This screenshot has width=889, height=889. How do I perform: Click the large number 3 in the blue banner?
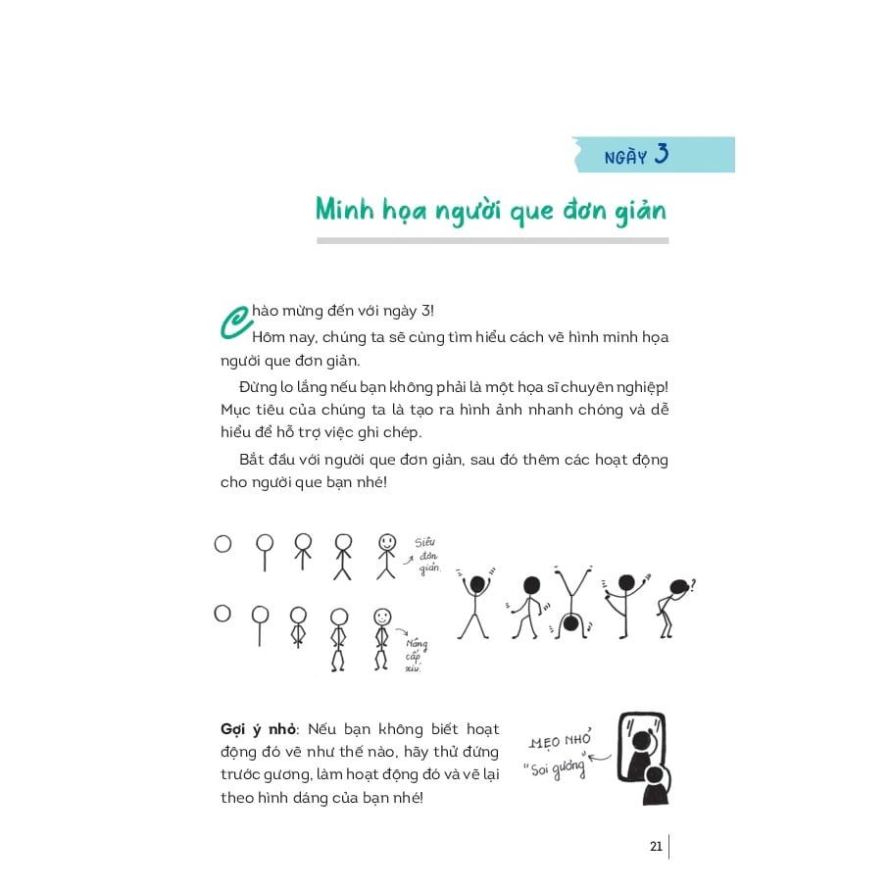pyautogui.click(x=661, y=154)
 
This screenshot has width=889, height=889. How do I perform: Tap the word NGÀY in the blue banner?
pyautogui.click(x=624, y=157)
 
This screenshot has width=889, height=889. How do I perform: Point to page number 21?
pyautogui.click(x=656, y=846)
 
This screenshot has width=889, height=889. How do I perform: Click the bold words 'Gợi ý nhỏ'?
pyautogui.click(x=262, y=729)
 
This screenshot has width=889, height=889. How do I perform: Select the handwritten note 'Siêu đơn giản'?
pyautogui.click(x=427, y=556)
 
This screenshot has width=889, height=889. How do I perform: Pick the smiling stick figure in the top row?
pyautogui.click(x=386, y=557)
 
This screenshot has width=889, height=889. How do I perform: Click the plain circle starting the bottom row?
pyautogui.click(x=222, y=614)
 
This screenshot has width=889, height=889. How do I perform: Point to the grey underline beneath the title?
pyautogui.click(x=491, y=240)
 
